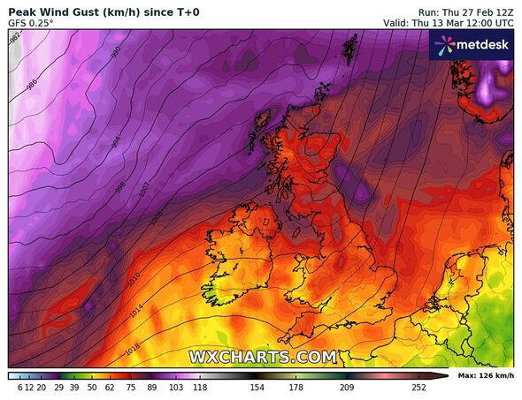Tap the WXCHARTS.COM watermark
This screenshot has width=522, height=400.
[x=263, y=357]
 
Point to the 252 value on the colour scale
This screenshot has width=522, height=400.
[x=418, y=387]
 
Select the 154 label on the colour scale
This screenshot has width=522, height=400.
[x=257, y=387]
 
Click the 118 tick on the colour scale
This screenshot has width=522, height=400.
[x=200, y=387]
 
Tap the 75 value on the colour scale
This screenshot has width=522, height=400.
[x=131, y=387]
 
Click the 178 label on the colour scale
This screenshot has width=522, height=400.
[x=296, y=387]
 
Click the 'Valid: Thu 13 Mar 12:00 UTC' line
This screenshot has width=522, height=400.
[x=448, y=22]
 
